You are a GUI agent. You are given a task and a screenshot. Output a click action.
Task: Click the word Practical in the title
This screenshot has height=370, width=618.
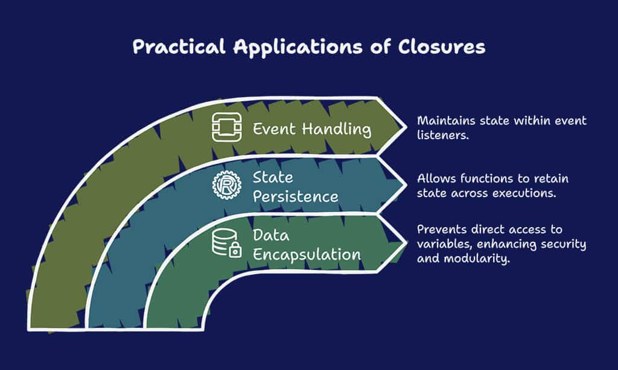[179, 46]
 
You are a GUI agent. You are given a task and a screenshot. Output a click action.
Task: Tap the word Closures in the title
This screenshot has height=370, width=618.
[441, 46]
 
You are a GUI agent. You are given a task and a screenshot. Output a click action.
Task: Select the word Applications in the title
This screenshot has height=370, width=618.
[298, 47]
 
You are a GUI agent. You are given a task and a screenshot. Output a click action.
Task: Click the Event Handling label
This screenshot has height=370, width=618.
[312, 129]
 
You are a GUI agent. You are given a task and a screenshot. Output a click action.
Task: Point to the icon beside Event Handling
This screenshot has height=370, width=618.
[227, 127]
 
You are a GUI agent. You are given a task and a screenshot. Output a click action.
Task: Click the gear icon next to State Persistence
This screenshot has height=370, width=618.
[227, 185]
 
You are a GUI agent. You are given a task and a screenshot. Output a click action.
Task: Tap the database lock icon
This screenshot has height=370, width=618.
[227, 243]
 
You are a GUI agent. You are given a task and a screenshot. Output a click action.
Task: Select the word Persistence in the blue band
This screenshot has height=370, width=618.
[296, 196]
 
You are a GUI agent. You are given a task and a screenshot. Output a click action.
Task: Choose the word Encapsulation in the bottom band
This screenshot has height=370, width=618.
[307, 255]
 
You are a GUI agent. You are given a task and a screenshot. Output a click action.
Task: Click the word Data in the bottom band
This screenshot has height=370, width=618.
[271, 235]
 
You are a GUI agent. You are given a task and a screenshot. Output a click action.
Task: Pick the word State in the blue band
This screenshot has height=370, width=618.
[273, 177]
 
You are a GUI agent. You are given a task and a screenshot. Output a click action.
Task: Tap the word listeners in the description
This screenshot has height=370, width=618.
[443, 135]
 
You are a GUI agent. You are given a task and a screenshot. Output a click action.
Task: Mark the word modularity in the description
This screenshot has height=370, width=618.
[477, 259]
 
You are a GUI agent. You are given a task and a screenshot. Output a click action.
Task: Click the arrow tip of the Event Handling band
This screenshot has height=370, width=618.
[406, 127]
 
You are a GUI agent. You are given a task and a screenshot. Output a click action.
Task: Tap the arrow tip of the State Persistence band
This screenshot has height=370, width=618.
[406, 184]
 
